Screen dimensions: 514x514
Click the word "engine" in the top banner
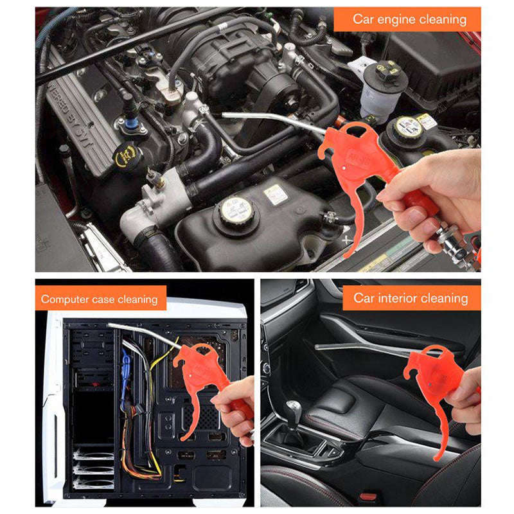coord(396,20)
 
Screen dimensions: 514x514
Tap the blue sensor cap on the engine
coord(132,124)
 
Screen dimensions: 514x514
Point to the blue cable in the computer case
coord(125,377)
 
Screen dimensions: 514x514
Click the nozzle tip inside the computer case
coord(110,325)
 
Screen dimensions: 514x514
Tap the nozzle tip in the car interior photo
coord(317,346)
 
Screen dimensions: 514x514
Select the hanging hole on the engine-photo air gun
coord(355,130)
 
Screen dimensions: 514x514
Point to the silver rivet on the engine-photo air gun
coord(343,168)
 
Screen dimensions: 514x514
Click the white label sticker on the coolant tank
coord(276,195)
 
